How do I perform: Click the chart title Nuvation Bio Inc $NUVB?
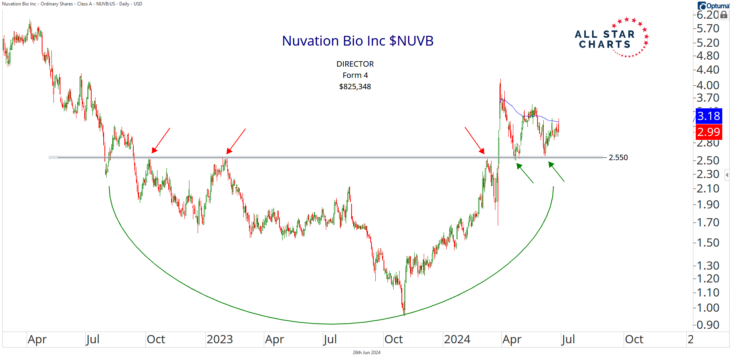point(357,41)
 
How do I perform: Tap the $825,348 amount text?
point(355,86)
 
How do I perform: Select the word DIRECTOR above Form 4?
point(355,64)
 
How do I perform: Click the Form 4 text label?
point(355,75)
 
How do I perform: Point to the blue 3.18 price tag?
point(709,116)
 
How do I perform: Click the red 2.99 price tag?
point(709,132)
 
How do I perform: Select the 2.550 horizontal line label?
point(618,157)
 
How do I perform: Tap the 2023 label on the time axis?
point(219,339)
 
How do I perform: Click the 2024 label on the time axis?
point(457,339)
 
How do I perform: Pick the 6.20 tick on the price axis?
point(707,15)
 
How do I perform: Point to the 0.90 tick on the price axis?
point(707,325)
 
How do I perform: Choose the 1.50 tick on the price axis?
point(707,242)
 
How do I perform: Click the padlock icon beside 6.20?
point(724,15)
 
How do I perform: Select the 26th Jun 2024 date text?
point(366,353)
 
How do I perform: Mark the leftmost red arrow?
point(161,140)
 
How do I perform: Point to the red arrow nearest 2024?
point(474,140)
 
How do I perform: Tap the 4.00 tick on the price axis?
point(707,85)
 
